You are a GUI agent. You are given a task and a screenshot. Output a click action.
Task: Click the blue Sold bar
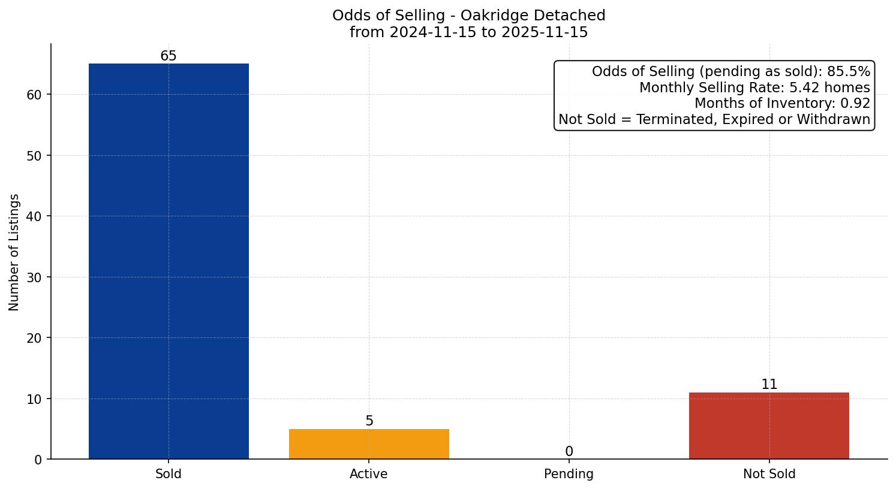169,261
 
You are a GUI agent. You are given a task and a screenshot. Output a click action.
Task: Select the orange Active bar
369,444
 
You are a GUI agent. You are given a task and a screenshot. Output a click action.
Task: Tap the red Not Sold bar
769,425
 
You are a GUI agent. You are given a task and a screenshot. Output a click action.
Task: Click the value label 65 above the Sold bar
169,56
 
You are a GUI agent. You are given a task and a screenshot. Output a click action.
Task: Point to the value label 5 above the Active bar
369,421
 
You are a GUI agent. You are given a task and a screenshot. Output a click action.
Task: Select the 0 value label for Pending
569,452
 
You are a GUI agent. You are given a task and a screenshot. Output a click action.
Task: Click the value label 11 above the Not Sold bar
769,385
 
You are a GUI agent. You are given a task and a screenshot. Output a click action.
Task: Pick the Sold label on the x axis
169,474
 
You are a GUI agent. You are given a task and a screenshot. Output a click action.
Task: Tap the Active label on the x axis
369,474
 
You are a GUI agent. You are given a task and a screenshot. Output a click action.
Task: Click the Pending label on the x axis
569,474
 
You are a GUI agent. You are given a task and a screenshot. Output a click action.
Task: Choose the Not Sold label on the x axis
769,474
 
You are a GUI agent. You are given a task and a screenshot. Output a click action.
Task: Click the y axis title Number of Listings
14,252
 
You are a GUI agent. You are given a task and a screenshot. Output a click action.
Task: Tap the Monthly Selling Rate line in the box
754,87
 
